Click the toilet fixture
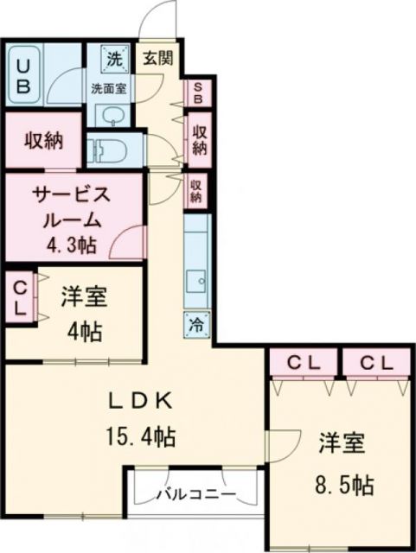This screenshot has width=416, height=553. click(106, 149)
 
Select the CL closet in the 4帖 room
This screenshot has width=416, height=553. click(19, 296)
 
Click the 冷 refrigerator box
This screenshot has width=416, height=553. click(197, 326)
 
